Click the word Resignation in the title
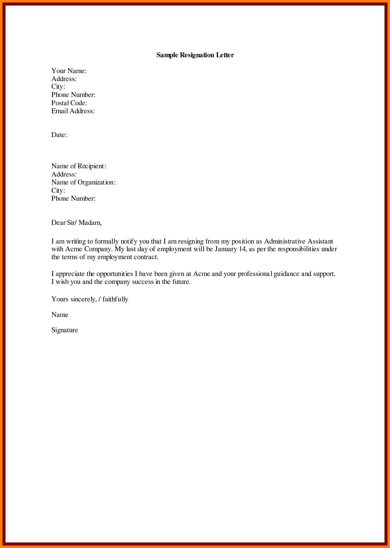(x=195, y=55)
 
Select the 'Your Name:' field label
(x=69, y=71)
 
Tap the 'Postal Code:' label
(x=69, y=103)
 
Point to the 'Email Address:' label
(x=73, y=111)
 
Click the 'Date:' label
(x=59, y=135)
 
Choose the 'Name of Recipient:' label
(x=78, y=166)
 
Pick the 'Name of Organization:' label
(x=83, y=182)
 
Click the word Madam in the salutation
(x=90, y=223)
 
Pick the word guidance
(x=286, y=274)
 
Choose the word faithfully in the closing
(x=115, y=299)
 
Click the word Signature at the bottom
(x=64, y=330)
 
